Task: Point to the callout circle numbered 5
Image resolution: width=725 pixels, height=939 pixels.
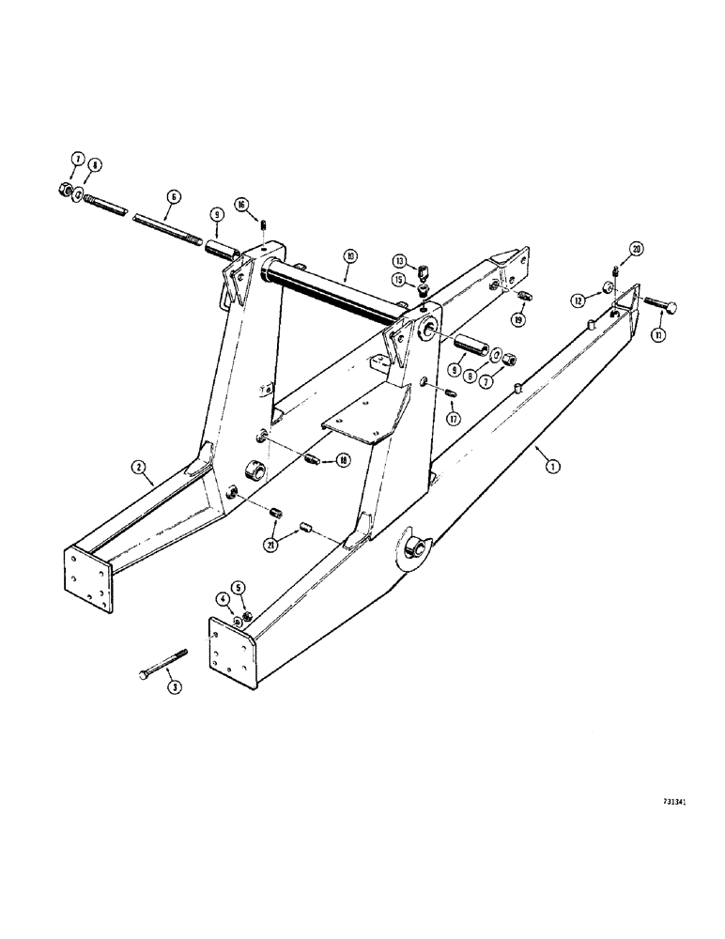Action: pyautogui.click(x=224, y=598)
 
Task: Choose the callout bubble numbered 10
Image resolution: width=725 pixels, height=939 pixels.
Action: pyautogui.click(x=175, y=197)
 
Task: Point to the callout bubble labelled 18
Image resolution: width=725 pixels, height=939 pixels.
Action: pyautogui.click(x=341, y=460)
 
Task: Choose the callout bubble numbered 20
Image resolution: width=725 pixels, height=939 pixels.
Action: pyautogui.click(x=637, y=249)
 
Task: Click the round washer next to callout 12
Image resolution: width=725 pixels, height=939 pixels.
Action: pyautogui.click(x=608, y=286)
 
